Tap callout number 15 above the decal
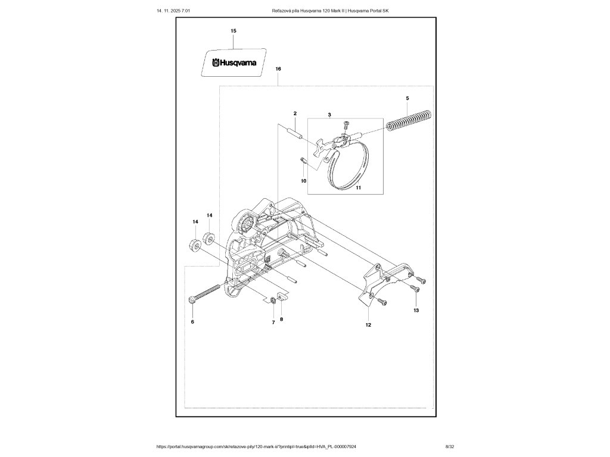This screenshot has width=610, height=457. coord(234,30)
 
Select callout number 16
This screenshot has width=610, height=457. coord(278,69)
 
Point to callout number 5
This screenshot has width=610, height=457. coord(407,98)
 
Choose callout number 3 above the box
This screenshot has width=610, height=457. coord(329,113)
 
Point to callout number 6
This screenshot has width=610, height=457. coord(192,322)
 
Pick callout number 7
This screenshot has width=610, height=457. coord(273,322)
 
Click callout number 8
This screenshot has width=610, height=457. coord(282,320)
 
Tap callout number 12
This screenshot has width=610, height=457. coord(368,325)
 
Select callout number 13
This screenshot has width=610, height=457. coord(416,311)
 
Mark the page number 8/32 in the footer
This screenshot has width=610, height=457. coord(450,446)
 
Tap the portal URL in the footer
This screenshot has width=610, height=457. coord(256,446)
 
